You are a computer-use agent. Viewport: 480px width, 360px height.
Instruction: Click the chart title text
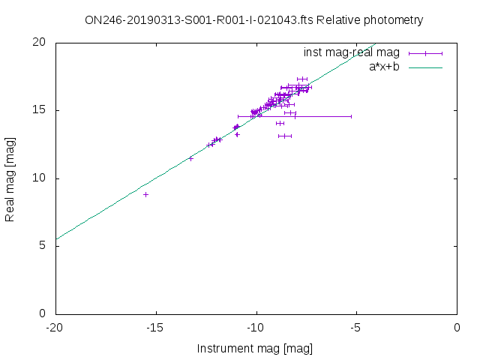point(254,20)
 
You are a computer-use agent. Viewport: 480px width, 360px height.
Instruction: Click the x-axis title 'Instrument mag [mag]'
point(254,349)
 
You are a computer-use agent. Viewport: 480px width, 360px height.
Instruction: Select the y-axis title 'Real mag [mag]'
point(10,178)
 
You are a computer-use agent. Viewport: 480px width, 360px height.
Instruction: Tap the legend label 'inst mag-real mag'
point(351,52)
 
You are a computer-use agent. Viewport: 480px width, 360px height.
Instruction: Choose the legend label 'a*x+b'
point(383,67)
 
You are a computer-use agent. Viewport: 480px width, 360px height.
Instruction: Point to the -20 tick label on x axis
point(55,328)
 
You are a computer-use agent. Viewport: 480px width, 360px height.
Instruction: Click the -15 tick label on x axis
point(155,328)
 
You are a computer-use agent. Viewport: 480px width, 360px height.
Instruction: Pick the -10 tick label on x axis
point(256,328)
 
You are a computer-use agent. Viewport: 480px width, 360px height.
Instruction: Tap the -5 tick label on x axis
point(357,328)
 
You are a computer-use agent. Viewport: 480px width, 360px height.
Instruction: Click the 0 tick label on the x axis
point(457,328)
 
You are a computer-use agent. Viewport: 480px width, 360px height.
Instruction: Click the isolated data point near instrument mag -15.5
point(146,194)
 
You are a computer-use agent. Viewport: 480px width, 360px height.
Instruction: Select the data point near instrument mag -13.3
point(190,158)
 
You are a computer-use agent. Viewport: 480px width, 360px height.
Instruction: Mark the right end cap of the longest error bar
point(351,116)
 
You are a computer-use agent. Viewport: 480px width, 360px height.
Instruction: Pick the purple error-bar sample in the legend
point(425,53)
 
